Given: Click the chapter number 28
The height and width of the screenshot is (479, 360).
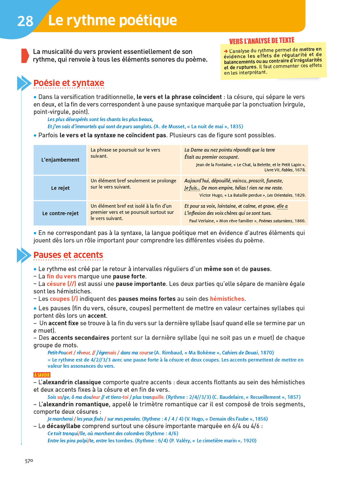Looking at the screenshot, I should tap(25, 21).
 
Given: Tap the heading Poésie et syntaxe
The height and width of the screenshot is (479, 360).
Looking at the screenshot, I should tap(69, 83).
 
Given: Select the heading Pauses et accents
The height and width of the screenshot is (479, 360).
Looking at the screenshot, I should tap(68, 255).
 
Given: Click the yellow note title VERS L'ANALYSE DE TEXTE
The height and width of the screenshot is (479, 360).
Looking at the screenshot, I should tap(262, 41).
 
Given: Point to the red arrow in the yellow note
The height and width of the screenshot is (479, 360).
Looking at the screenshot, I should tap(226, 51).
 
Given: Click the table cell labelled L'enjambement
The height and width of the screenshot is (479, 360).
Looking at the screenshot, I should tap(60, 160).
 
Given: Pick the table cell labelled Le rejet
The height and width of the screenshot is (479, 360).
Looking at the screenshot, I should tap(60, 188).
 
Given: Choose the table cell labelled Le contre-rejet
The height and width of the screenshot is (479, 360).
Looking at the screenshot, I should tap(60, 213).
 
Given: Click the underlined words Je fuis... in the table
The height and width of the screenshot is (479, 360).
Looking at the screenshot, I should tap(192, 188).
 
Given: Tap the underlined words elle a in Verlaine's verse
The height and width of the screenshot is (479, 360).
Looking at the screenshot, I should tap(282, 206).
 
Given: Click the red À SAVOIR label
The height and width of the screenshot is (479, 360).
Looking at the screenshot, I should tap(42, 375).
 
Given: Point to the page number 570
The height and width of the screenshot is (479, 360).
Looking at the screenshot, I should tap(29, 461).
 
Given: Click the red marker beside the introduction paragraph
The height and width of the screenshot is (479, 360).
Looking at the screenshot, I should tap(25, 56).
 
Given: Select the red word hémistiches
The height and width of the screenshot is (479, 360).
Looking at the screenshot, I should tap(227, 299).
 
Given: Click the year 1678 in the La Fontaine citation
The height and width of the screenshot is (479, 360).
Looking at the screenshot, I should tap(300, 170).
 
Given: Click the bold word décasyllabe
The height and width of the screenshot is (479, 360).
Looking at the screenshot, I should tap(64, 426).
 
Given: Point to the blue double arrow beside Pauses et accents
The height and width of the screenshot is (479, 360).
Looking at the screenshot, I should tap(24, 255).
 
